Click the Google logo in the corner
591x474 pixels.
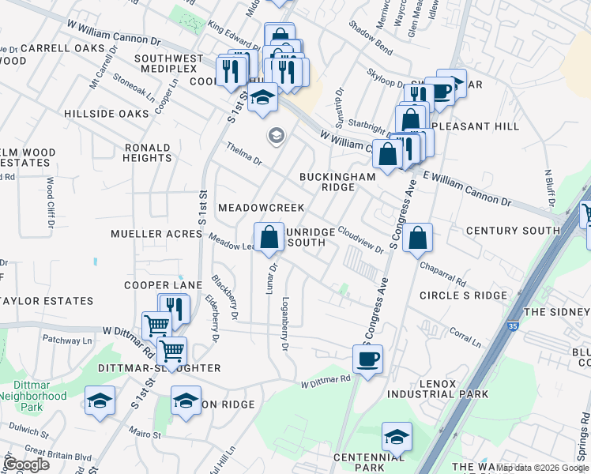(26, 464)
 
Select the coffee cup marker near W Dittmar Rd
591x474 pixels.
(367, 359)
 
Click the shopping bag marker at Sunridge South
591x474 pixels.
(269, 236)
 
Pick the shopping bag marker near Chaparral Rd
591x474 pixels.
(417, 236)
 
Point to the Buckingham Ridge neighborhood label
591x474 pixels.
(337, 182)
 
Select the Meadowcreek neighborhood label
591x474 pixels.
(261, 207)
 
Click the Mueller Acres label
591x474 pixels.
(157, 234)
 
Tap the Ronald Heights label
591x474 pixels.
(147, 152)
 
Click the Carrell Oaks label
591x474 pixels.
(62, 48)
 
